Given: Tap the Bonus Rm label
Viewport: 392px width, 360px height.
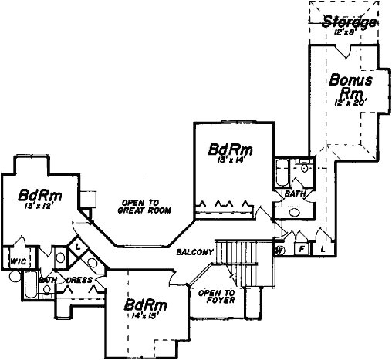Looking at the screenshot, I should [x=351, y=86].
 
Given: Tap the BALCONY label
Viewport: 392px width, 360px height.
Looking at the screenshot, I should [x=194, y=252].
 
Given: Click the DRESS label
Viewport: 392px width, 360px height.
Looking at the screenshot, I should [x=80, y=280].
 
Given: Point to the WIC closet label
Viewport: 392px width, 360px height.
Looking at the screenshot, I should [x=18, y=261].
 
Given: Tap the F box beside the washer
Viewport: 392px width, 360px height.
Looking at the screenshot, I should [x=301, y=250].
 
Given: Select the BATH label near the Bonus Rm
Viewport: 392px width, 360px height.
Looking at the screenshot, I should [x=295, y=193].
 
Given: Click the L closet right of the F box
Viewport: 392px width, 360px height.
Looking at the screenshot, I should [x=322, y=250].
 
